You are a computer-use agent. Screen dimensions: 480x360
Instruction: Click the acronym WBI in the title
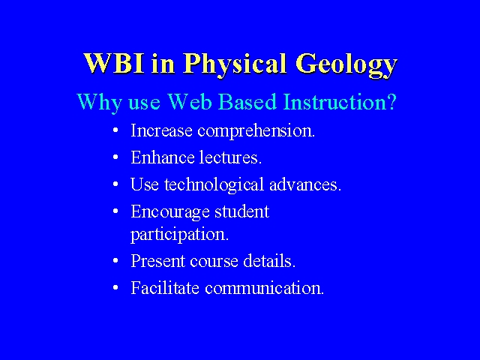114,63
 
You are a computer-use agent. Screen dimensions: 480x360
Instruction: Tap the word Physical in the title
235,65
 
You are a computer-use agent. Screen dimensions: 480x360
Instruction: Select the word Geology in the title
346,66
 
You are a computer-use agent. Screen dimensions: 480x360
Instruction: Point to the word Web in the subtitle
190,101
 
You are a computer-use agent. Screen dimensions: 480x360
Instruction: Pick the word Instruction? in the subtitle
340,101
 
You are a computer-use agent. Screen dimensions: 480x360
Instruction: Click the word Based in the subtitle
248,101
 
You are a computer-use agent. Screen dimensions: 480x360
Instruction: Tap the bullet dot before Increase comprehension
115,130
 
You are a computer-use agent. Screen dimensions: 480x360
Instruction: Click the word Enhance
163,157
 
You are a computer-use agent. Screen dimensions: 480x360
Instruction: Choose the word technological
214,185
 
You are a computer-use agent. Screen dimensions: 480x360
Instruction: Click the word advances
305,184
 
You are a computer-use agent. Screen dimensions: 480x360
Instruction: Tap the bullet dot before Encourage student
115,211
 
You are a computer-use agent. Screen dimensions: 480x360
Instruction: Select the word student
241,211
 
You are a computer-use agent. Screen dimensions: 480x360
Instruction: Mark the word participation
180,235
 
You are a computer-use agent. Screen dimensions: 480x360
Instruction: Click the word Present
158,261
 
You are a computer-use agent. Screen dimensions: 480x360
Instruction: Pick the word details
269,261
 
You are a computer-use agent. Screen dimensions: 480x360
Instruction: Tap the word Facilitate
165,288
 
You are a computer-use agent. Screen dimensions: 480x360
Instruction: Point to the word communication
264,288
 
